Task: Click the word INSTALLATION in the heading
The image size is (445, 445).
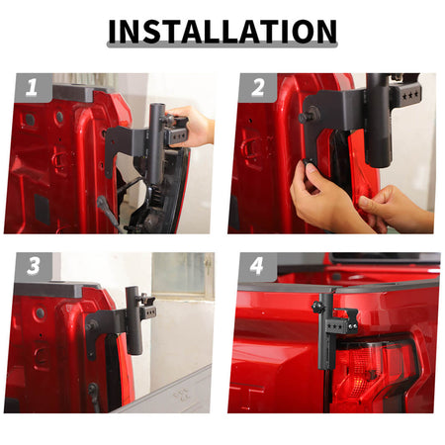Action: point(222,32)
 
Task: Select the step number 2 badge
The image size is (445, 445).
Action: point(258,87)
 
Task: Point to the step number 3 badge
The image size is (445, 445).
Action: point(34,266)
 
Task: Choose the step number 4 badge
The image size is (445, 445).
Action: point(257,266)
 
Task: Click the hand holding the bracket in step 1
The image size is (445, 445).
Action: point(193,127)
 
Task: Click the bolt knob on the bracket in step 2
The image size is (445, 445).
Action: point(305,116)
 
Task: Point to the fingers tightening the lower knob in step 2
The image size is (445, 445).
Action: point(313,191)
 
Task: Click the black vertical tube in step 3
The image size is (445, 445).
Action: point(133,320)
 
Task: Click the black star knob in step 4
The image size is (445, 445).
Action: point(317,308)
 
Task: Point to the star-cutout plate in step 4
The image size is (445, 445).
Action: point(337,326)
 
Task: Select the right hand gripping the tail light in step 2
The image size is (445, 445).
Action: point(396,208)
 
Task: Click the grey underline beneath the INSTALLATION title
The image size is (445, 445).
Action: point(222,44)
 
